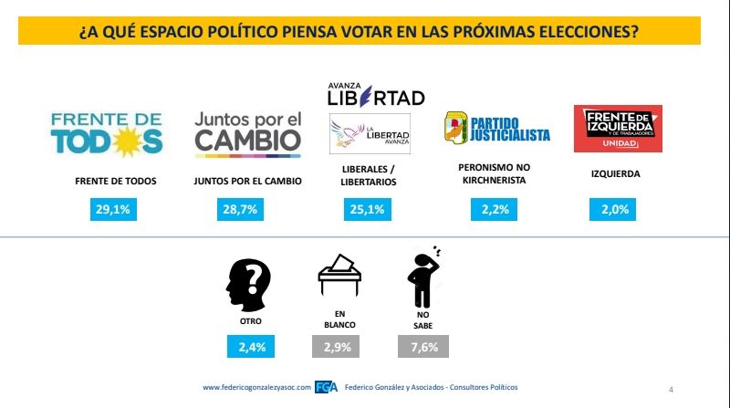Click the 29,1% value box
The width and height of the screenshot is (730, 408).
(x=116, y=210)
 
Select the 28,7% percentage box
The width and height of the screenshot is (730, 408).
(x=248, y=210)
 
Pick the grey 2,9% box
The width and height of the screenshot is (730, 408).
(x=336, y=347)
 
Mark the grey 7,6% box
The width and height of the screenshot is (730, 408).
(x=422, y=347)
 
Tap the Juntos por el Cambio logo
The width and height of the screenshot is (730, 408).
(x=248, y=132)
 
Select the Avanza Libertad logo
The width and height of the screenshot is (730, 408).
(x=376, y=93)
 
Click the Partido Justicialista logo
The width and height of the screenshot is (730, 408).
(x=496, y=129)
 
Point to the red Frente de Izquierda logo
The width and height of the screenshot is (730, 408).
(x=617, y=129)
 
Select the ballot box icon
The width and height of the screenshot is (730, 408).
(x=338, y=275)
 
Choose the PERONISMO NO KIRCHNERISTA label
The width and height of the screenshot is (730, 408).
(x=493, y=173)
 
